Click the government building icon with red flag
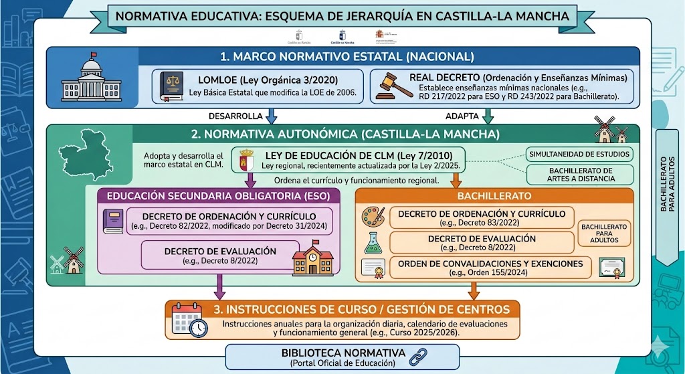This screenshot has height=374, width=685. coord(92,78)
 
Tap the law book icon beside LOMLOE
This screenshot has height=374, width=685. coord(171,87)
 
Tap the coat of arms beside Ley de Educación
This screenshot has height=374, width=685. coord(246,161)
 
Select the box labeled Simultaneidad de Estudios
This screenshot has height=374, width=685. coord(579,155)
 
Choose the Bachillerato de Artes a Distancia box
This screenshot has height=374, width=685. coord(579,175)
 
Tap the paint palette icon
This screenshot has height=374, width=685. coord(373,217)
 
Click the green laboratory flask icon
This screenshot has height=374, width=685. coord(373,242)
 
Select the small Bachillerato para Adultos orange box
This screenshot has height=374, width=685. coord(604,233)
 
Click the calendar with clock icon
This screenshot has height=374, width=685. coord(189,320)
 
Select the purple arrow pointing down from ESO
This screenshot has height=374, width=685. coord(218,288)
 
